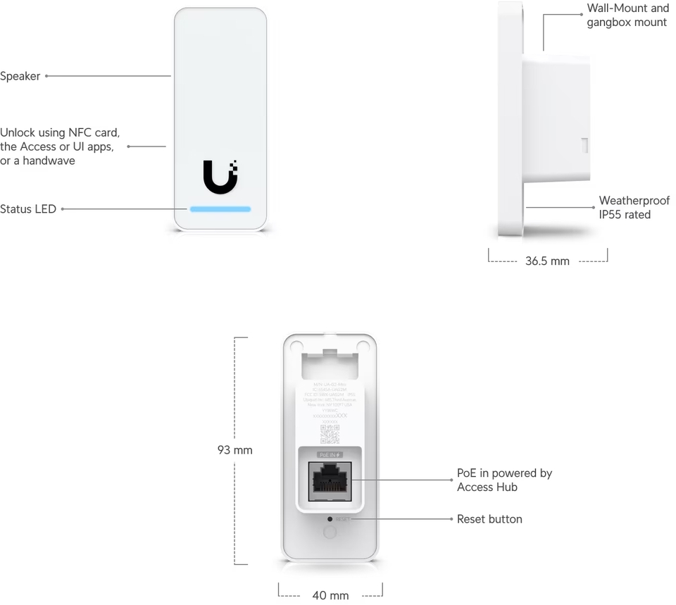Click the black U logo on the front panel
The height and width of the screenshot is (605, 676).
pos(220,177)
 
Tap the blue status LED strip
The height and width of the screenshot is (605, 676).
pos(220,209)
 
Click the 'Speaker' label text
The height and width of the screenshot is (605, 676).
pos(20,76)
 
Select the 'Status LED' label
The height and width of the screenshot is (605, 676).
pos(28,209)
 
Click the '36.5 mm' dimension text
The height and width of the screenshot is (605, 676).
pos(547,261)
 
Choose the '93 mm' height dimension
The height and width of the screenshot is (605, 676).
pos(234,450)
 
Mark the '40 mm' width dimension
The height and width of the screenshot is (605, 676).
pos(330,596)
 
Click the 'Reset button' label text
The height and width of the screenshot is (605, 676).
pos(489,519)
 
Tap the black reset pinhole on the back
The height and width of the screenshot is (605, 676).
pos(330,518)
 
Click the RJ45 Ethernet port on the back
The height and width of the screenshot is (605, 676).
pos(330,481)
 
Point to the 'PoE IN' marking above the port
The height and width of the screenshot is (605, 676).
pos(330,455)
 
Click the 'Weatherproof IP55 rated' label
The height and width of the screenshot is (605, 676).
pos(634,208)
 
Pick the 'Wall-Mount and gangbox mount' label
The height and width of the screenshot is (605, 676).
pos(627,15)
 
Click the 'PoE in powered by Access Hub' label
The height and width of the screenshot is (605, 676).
pos(504,480)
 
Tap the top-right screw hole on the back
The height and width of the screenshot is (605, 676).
pos(363,345)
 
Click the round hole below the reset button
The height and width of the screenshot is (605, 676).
pos(330,532)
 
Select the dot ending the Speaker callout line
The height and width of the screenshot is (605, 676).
pos(47,76)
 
